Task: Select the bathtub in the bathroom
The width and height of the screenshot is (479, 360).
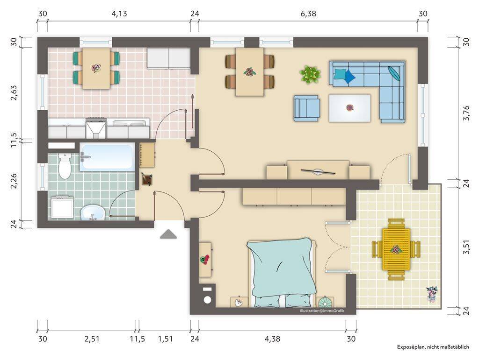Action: (107, 157)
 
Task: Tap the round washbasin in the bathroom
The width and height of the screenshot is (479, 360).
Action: (93, 212)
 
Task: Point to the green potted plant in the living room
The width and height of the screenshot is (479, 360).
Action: (310, 75)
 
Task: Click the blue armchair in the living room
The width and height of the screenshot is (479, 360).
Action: (307, 108)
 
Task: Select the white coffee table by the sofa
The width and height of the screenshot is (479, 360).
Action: (350, 108)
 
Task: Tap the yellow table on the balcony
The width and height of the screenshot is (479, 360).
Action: (396, 249)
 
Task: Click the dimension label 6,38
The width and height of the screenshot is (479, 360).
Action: (308, 14)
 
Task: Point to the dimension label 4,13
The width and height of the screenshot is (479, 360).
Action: (119, 14)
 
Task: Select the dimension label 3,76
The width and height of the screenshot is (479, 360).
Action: (466, 113)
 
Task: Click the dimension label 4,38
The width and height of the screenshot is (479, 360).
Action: (272, 339)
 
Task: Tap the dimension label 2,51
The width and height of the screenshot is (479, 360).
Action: (92, 339)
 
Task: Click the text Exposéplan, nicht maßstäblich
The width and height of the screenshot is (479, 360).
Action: (433, 347)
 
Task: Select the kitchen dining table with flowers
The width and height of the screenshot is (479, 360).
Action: (96, 68)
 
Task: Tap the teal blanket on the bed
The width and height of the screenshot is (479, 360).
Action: (281, 268)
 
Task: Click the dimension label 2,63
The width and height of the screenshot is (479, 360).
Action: (14, 92)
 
